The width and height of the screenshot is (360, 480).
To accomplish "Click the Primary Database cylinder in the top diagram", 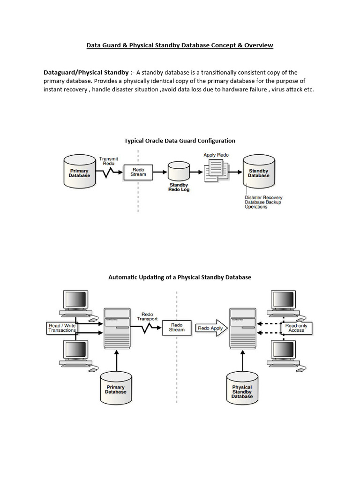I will click(79, 172).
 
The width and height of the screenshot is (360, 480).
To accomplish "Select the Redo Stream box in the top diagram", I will click(138, 172).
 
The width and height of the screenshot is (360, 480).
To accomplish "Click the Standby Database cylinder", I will click(259, 172).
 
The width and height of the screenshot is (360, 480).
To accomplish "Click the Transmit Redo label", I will click(109, 161).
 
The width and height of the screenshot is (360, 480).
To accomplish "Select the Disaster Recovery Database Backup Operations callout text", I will click(263, 202).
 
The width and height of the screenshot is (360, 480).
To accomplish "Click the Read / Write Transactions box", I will click(62, 328).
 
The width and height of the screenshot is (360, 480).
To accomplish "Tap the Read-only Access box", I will click(296, 328).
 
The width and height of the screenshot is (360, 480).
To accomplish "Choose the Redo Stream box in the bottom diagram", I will click(177, 328).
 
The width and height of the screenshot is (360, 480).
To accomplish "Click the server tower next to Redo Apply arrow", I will click(242, 328).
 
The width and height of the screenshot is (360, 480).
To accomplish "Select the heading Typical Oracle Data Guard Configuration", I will click(180, 141).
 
